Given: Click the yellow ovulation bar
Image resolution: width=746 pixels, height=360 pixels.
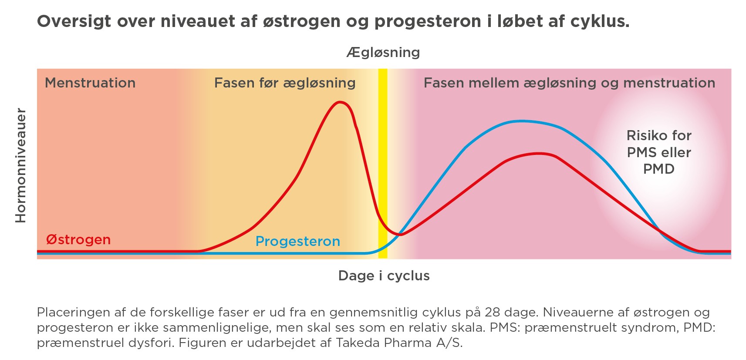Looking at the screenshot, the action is [383, 164].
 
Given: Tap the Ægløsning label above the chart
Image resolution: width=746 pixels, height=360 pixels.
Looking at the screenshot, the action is [383, 53].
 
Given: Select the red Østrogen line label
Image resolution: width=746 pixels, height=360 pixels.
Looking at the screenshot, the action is [78, 239].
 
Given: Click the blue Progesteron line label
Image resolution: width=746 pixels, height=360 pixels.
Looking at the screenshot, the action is [298, 242].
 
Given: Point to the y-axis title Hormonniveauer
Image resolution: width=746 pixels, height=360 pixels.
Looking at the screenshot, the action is [20, 165].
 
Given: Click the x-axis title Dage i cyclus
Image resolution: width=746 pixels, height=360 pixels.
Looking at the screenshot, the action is [384, 276].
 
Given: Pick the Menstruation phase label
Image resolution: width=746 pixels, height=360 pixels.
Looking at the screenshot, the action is [90, 83].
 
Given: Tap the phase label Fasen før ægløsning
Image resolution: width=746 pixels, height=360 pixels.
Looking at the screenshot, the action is [285, 83].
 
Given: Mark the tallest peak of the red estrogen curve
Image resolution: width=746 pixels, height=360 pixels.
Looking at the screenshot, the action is [340, 102].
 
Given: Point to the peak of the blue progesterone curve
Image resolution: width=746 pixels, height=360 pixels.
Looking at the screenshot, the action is [521, 121].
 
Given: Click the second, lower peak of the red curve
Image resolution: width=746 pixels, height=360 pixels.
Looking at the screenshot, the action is [539, 154].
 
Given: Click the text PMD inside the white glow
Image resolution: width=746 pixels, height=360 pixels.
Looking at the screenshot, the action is [659, 169].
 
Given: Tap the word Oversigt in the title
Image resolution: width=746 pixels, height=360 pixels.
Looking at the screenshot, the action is [74, 22].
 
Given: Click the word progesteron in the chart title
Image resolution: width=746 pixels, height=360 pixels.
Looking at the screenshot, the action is [428, 22].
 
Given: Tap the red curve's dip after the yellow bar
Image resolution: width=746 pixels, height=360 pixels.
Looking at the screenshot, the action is [400, 235].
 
